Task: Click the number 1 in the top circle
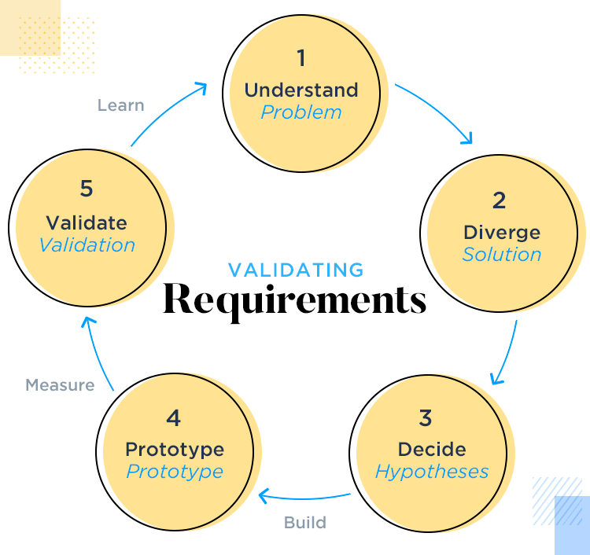(301, 58)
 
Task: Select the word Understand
(301, 90)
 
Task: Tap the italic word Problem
(301, 112)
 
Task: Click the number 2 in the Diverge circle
(500, 200)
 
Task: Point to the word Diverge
(502, 233)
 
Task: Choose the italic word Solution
(502, 255)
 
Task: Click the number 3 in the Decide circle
(426, 417)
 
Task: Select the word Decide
(432, 450)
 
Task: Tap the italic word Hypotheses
(432, 472)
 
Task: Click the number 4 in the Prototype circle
(174, 417)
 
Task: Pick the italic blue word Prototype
(175, 472)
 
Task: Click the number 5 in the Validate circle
(87, 189)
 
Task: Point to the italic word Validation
(87, 244)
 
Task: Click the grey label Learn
(121, 105)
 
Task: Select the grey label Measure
(60, 385)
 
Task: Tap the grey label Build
(305, 522)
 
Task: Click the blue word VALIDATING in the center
(296, 270)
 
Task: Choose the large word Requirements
(295, 300)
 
